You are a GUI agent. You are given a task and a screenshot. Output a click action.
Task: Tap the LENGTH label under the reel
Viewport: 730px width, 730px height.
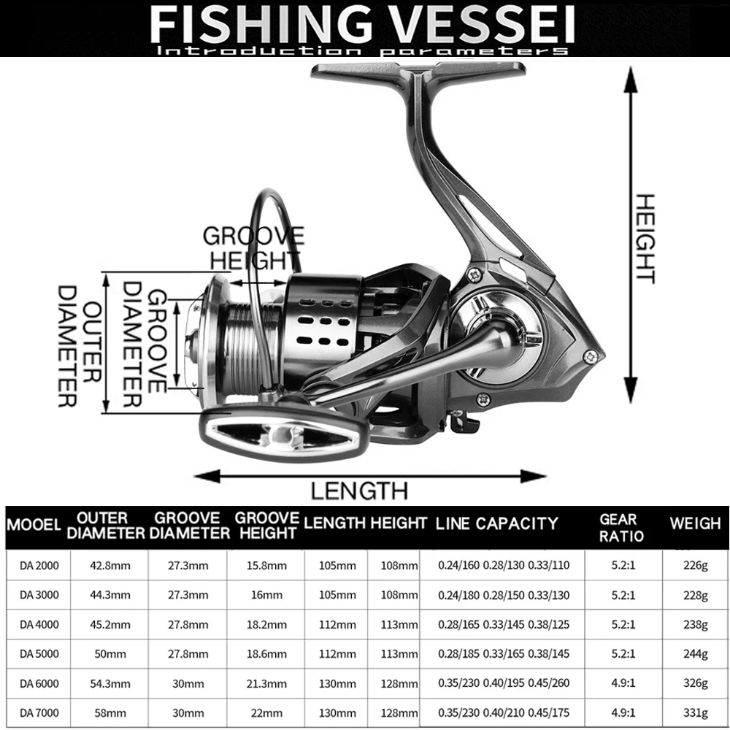(x=359, y=491)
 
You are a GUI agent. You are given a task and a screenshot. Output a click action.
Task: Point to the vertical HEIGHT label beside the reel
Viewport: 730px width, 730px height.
(x=646, y=239)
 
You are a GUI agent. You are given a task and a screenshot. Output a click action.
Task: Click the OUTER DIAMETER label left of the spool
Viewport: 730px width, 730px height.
(x=80, y=346)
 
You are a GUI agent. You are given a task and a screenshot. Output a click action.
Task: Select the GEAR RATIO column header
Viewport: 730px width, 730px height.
(x=621, y=528)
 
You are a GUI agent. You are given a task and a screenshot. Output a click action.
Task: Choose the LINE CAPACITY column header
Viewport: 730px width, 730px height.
(x=496, y=523)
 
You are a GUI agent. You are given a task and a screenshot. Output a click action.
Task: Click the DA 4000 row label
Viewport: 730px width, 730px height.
(x=39, y=624)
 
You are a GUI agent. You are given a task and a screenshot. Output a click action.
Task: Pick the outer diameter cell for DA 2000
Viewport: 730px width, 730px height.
(x=110, y=566)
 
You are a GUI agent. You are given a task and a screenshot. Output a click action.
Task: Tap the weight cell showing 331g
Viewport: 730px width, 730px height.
(x=696, y=712)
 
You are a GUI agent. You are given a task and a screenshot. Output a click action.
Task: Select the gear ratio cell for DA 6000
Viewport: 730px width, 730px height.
(x=623, y=683)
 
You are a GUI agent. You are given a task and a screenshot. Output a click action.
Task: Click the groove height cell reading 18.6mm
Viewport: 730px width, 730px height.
(x=266, y=653)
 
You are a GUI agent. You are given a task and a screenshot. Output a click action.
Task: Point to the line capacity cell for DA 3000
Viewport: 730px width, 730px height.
(x=504, y=595)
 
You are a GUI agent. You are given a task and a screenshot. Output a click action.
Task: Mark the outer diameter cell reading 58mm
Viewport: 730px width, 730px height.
(x=110, y=712)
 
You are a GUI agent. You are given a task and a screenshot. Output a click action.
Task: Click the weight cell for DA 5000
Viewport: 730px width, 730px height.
(x=696, y=653)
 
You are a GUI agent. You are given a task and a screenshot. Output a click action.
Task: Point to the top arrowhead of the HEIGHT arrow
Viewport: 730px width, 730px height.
(x=631, y=79)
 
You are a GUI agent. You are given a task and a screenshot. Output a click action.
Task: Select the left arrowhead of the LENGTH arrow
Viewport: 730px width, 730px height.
(x=207, y=476)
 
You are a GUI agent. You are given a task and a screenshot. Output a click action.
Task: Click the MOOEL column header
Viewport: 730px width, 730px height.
(x=34, y=525)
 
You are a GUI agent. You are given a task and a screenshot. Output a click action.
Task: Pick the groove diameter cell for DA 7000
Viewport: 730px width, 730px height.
(x=188, y=712)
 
